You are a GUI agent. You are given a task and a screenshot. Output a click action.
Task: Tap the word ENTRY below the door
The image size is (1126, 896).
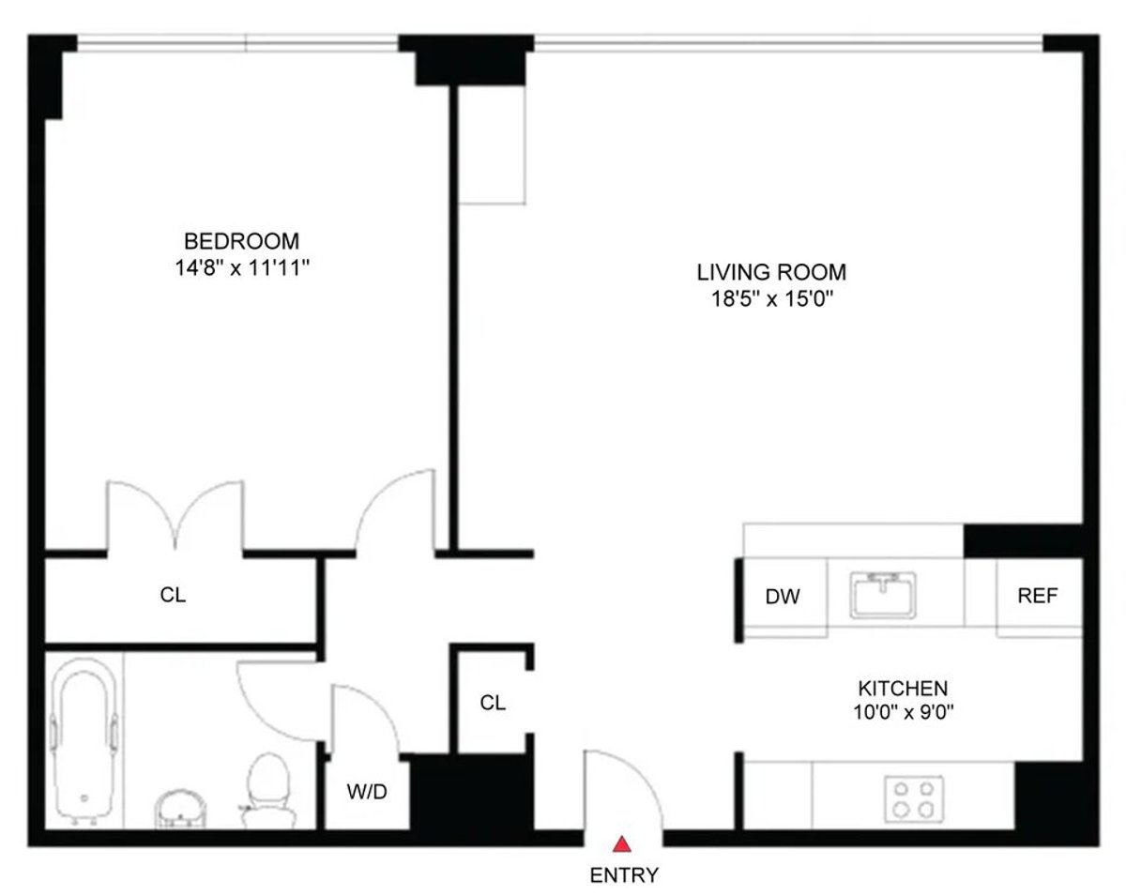pyautogui.click(x=624, y=875)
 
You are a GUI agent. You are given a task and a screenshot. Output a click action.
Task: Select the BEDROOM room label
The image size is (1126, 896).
pyautogui.click(x=241, y=241)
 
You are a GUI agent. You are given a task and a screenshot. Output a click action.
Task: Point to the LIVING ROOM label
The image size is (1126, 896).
pyautogui.click(x=771, y=273)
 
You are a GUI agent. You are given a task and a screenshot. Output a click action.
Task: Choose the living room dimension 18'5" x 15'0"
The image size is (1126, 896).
pyautogui.click(x=771, y=300)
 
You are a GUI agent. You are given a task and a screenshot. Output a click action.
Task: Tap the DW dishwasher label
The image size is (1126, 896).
pyautogui.click(x=783, y=597)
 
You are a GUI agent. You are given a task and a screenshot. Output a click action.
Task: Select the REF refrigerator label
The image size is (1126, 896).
pyautogui.click(x=1038, y=596)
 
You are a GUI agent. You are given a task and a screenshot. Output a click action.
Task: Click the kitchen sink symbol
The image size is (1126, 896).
pyautogui.click(x=883, y=595)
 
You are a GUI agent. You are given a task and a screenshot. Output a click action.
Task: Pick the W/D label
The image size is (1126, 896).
pyautogui.click(x=367, y=792)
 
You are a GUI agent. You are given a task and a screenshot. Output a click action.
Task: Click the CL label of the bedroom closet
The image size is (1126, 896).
pyautogui.click(x=173, y=595)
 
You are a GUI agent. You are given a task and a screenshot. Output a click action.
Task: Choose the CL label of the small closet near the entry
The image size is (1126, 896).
pyautogui.click(x=493, y=702)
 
